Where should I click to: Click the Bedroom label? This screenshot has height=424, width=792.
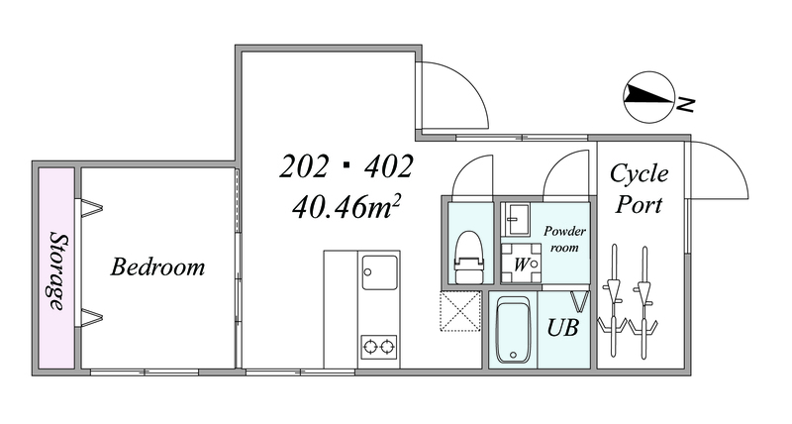(157, 266)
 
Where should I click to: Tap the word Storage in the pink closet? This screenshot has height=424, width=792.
(57, 270)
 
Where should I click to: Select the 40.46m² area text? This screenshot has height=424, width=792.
(346, 207)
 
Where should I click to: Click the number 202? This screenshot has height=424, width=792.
(304, 166)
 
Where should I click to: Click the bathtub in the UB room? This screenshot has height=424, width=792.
(513, 330)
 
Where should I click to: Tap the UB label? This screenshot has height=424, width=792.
(563, 328)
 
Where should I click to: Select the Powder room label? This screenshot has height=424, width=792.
(564, 239)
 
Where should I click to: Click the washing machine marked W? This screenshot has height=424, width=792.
(522, 263)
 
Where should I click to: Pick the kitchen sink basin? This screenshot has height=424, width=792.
(379, 272)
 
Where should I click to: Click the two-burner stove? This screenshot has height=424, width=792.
(379, 347)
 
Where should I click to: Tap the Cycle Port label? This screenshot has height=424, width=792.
(639, 188)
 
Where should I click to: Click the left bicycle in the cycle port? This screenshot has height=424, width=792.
(614, 301)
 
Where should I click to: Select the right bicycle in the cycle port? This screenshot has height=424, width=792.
(643, 302)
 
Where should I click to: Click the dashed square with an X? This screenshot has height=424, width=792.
(460, 312)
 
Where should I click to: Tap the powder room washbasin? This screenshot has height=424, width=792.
(516, 219)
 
